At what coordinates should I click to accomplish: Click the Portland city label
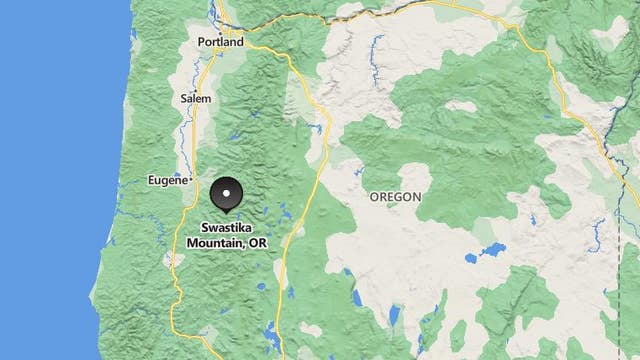220,43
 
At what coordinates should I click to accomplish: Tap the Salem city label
196,99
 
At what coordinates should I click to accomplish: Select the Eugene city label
166,180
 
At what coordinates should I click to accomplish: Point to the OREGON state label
395,197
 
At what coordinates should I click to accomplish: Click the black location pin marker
228,195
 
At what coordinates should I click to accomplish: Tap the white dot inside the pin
228,192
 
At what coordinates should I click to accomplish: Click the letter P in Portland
203,43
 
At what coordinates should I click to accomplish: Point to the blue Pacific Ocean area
50,180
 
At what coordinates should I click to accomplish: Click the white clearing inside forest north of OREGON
461,105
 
